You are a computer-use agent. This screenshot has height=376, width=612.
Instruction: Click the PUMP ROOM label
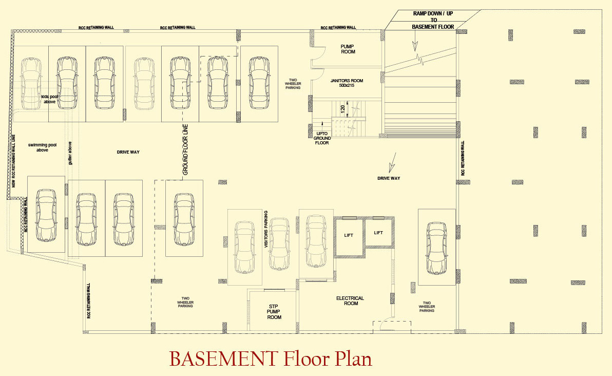(348, 49)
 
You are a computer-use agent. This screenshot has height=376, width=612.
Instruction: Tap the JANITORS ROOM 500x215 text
(347, 83)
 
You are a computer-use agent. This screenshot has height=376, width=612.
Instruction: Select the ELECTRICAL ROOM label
(350, 300)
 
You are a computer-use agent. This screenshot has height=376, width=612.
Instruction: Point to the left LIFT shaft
(349, 235)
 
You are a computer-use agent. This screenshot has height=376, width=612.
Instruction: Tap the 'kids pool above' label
(49, 99)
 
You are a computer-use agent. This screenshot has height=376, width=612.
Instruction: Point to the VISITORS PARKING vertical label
(266, 230)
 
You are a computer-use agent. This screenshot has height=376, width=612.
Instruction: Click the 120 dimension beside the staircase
(342, 109)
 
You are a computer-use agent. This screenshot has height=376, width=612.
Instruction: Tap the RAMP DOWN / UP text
(426, 14)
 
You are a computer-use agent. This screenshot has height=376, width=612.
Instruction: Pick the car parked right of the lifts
(436, 247)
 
